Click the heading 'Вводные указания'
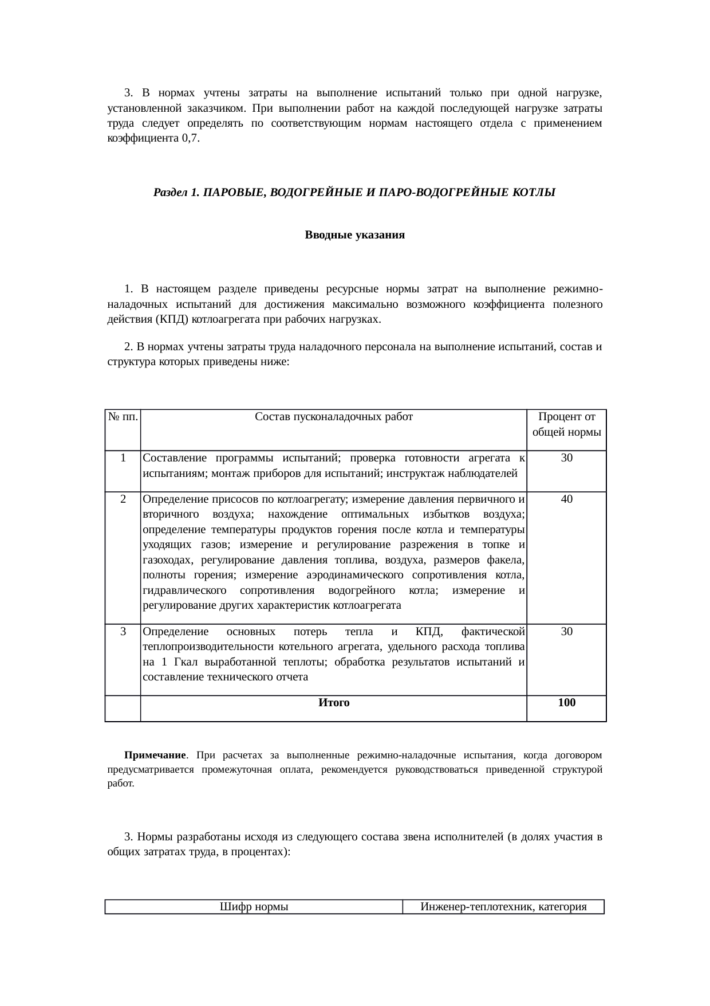(354, 235)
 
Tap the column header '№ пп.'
(123, 417)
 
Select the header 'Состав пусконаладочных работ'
(333, 417)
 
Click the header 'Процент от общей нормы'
(566, 424)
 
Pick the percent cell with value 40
(566, 499)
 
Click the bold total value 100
(566, 703)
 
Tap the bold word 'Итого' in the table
(333, 703)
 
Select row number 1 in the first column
(123, 458)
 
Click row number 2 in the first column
(123, 499)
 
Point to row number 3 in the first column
(123, 632)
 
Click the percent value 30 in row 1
(566, 458)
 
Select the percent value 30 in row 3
(566, 632)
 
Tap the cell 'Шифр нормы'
(254, 907)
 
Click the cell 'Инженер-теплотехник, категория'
(503, 907)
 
